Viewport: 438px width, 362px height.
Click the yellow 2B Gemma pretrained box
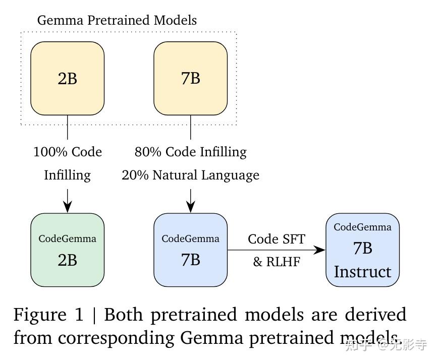tap(67, 78)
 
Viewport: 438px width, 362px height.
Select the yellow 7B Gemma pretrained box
tap(190, 78)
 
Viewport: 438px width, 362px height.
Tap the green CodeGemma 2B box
tap(67, 250)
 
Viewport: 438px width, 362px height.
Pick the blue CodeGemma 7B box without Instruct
tap(190, 250)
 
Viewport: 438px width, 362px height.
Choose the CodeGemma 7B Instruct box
tap(362, 250)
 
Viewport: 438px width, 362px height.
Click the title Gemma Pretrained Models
tap(117, 20)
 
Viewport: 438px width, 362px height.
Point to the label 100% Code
tap(68, 152)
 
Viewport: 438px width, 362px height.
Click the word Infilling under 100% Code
tap(67, 175)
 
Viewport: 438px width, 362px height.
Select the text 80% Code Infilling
tap(190, 152)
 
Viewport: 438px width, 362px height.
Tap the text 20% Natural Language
tap(190, 175)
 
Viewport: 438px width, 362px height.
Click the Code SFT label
tap(277, 238)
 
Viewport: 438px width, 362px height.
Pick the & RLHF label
tap(277, 262)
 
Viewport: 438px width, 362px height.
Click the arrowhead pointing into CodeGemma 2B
tap(67, 207)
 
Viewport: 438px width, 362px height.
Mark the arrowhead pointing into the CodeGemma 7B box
tap(190, 207)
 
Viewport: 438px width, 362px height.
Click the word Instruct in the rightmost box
tap(362, 272)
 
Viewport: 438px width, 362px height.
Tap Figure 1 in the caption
tap(48, 315)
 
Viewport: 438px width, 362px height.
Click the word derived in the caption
tap(376, 315)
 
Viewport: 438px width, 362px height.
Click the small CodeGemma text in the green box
tap(67, 238)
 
